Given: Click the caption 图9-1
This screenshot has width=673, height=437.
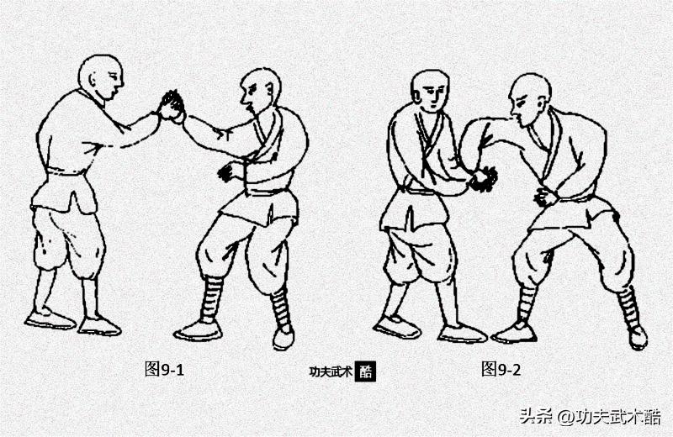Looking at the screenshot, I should [164, 368].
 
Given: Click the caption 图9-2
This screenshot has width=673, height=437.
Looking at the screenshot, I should [501, 368].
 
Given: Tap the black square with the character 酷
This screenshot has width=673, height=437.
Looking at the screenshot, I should [365, 371].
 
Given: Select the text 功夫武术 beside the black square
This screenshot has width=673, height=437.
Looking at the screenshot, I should [331, 371].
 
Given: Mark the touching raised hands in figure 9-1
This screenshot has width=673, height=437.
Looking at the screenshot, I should [172, 106].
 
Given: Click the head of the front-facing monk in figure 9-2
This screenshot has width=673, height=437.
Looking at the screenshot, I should [430, 91].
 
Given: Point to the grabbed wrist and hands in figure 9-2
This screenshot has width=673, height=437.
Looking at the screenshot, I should [483, 178].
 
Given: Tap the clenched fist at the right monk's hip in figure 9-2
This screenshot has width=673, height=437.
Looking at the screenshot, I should [545, 197].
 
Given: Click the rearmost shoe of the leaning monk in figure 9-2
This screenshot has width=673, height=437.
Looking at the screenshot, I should [638, 337].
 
